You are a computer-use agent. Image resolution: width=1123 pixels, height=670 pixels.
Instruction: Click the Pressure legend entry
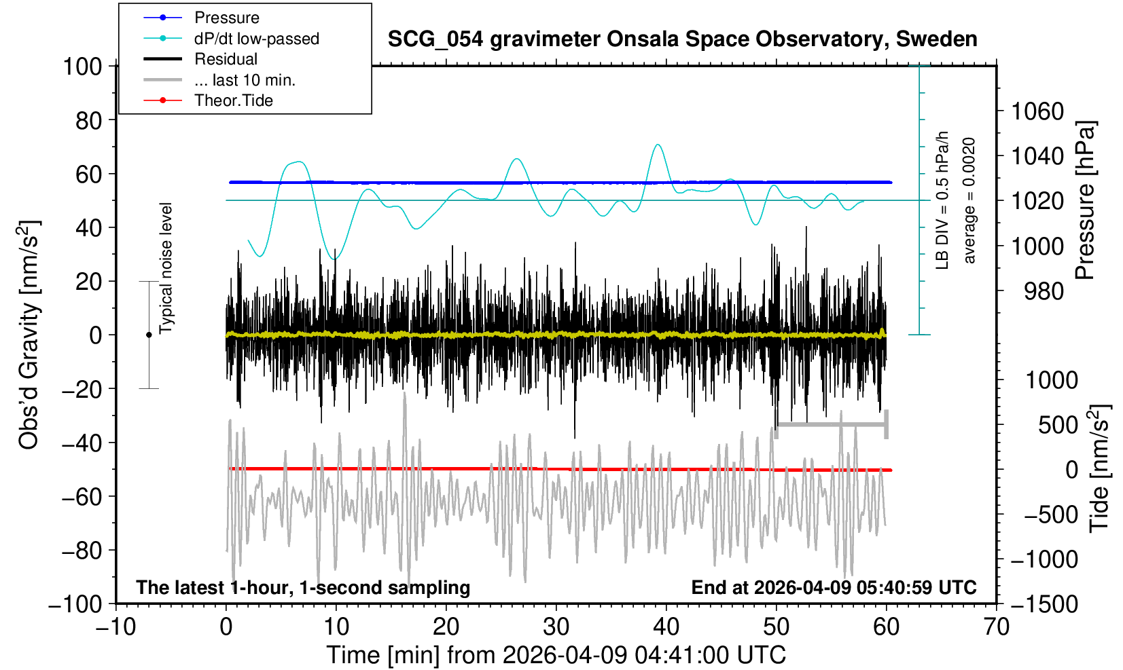click(226, 18)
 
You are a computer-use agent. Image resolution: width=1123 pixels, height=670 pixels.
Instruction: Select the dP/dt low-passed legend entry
click(256, 39)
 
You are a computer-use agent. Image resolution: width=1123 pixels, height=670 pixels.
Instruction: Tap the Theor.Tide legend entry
click(233, 100)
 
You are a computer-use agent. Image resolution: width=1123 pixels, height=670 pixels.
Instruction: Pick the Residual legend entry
click(226, 59)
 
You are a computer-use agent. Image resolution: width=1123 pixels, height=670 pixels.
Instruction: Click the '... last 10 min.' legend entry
click(245, 80)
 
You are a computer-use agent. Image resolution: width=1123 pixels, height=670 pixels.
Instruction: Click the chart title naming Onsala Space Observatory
click(682, 39)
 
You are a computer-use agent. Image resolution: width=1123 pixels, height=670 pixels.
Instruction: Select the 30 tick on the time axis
click(556, 626)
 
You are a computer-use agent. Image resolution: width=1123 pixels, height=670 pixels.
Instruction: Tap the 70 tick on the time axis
click(996, 626)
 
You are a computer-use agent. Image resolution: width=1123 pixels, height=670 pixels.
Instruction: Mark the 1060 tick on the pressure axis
click(1037, 111)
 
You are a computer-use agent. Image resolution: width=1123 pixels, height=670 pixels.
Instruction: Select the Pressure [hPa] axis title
click(1086, 200)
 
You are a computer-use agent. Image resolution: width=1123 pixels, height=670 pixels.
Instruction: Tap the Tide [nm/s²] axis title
click(1099, 468)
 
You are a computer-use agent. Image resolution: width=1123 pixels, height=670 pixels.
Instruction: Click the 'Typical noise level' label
click(166, 268)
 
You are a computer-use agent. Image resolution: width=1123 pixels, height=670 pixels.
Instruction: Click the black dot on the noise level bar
click(149, 335)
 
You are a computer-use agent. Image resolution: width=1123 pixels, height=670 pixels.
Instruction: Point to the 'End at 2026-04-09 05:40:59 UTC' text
click(834, 587)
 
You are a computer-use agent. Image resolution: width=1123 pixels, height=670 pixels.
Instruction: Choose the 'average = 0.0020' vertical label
click(969, 200)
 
